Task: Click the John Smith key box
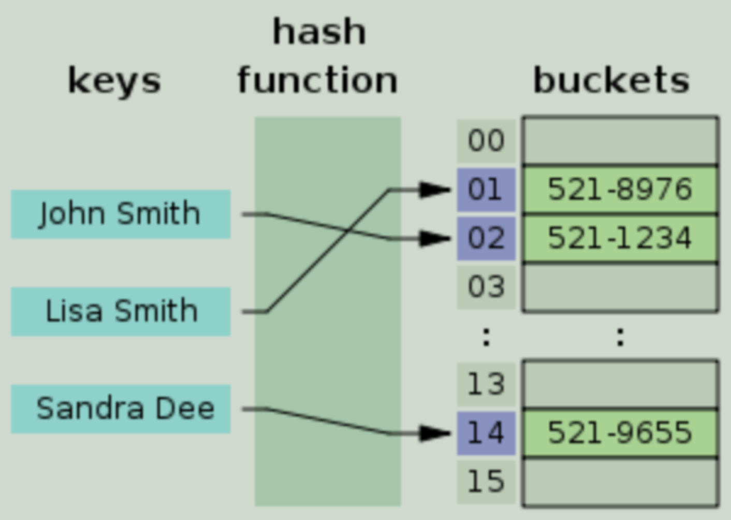[121, 214]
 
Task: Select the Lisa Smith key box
[121, 311]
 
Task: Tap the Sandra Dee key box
[121, 409]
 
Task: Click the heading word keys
[114, 81]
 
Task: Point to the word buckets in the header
[611, 80]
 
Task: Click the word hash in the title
[319, 32]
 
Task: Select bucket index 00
[486, 141]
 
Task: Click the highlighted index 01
[486, 190]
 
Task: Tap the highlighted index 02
[486, 238]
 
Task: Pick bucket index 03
[486, 287]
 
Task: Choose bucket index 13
[486, 384]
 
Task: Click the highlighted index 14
[486, 433]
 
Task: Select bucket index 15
[486, 482]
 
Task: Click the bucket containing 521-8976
[620, 190]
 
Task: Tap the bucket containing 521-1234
[620, 238]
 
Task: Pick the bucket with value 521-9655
[620, 433]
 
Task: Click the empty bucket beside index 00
[620, 141]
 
